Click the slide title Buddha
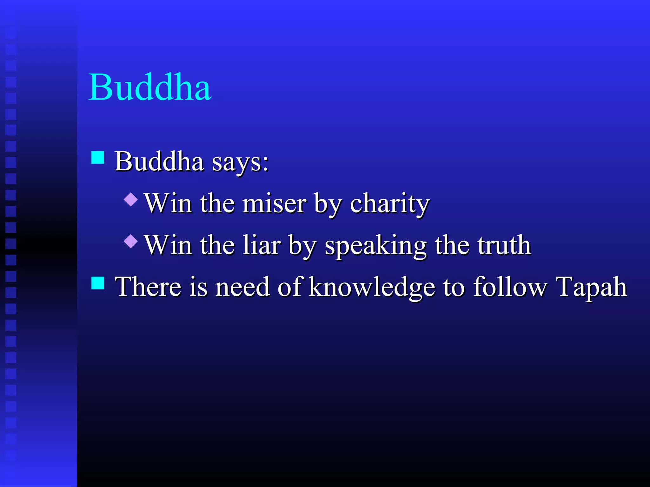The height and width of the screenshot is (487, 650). pos(150,87)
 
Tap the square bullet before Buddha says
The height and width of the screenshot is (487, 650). pos(98,157)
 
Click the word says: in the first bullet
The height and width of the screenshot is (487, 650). pos(240,162)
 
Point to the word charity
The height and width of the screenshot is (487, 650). pos(389,204)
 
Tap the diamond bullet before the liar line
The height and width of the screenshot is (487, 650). pos(131,241)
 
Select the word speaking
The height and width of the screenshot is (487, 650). pos(375,246)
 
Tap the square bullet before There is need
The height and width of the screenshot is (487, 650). pos(98,283)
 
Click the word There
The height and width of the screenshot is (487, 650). pos(148,287)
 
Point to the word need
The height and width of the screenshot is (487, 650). pos(242,287)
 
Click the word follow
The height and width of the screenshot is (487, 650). pos(510,287)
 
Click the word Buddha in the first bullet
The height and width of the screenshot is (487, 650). pos(159,162)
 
